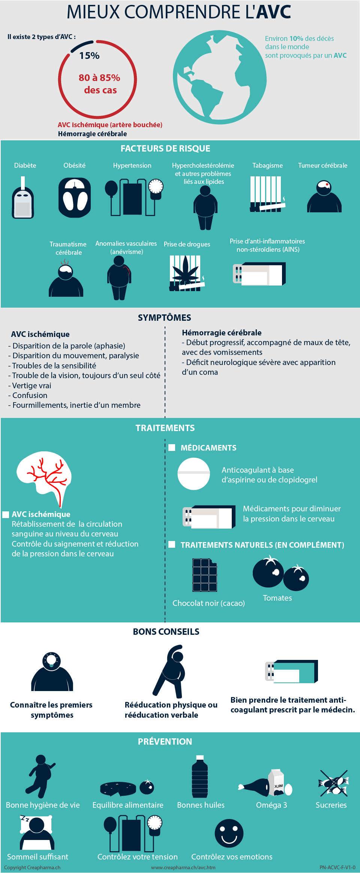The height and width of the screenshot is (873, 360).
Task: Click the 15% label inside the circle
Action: coord(89,56)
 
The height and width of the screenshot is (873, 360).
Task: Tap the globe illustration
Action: coord(220,78)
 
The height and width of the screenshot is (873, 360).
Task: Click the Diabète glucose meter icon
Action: coord(23,198)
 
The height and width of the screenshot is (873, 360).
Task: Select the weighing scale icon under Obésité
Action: coord(75,198)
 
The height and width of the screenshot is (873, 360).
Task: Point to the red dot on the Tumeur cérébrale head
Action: coord(327,185)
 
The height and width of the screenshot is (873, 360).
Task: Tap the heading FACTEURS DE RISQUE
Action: coord(165,149)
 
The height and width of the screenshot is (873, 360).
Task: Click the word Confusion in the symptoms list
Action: coord(30,395)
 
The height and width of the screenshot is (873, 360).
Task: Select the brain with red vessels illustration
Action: coord(44,478)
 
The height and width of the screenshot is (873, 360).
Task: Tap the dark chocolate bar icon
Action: coord(205,575)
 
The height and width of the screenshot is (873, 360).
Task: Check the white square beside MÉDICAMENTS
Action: coord(172,448)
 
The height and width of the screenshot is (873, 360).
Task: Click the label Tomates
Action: coord(277,598)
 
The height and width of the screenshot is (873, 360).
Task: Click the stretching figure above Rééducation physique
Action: coord(169,672)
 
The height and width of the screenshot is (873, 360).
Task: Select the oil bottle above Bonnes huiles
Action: coord(200,777)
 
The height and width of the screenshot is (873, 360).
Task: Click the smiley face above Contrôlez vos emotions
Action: coord(229,834)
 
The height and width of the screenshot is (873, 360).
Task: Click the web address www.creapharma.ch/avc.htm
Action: coord(183,867)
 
